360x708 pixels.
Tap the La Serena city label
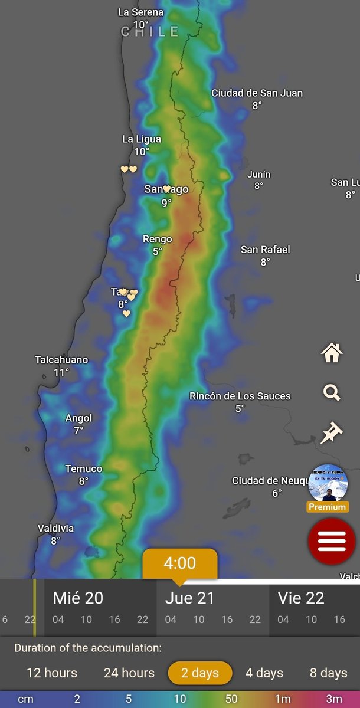(x=140, y=12)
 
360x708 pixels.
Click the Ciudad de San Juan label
(x=257, y=93)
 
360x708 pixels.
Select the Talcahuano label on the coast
(x=61, y=360)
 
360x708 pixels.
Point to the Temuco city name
(x=83, y=469)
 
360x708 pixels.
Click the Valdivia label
(x=55, y=528)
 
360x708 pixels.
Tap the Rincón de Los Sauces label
(x=240, y=396)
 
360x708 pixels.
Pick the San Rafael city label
(x=265, y=250)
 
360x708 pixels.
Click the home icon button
(x=332, y=353)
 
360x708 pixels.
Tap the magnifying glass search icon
(x=332, y=392)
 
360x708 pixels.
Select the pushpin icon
(x=332, y=432)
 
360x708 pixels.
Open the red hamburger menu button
(x=332, y=541)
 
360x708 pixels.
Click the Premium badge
(x=328, y=507)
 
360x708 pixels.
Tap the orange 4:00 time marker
(x=180, y=563)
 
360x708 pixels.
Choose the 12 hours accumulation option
(x=52, y=673)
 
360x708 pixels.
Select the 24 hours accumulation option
(x=129, y=673)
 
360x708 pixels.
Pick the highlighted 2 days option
(x=200, y=673)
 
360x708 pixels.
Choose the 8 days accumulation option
(x=328, y=673)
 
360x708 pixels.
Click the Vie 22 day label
(x=301, y=598)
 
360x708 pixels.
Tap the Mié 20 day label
(x=78, y=598)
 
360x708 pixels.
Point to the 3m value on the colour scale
(x=333, y=699)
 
